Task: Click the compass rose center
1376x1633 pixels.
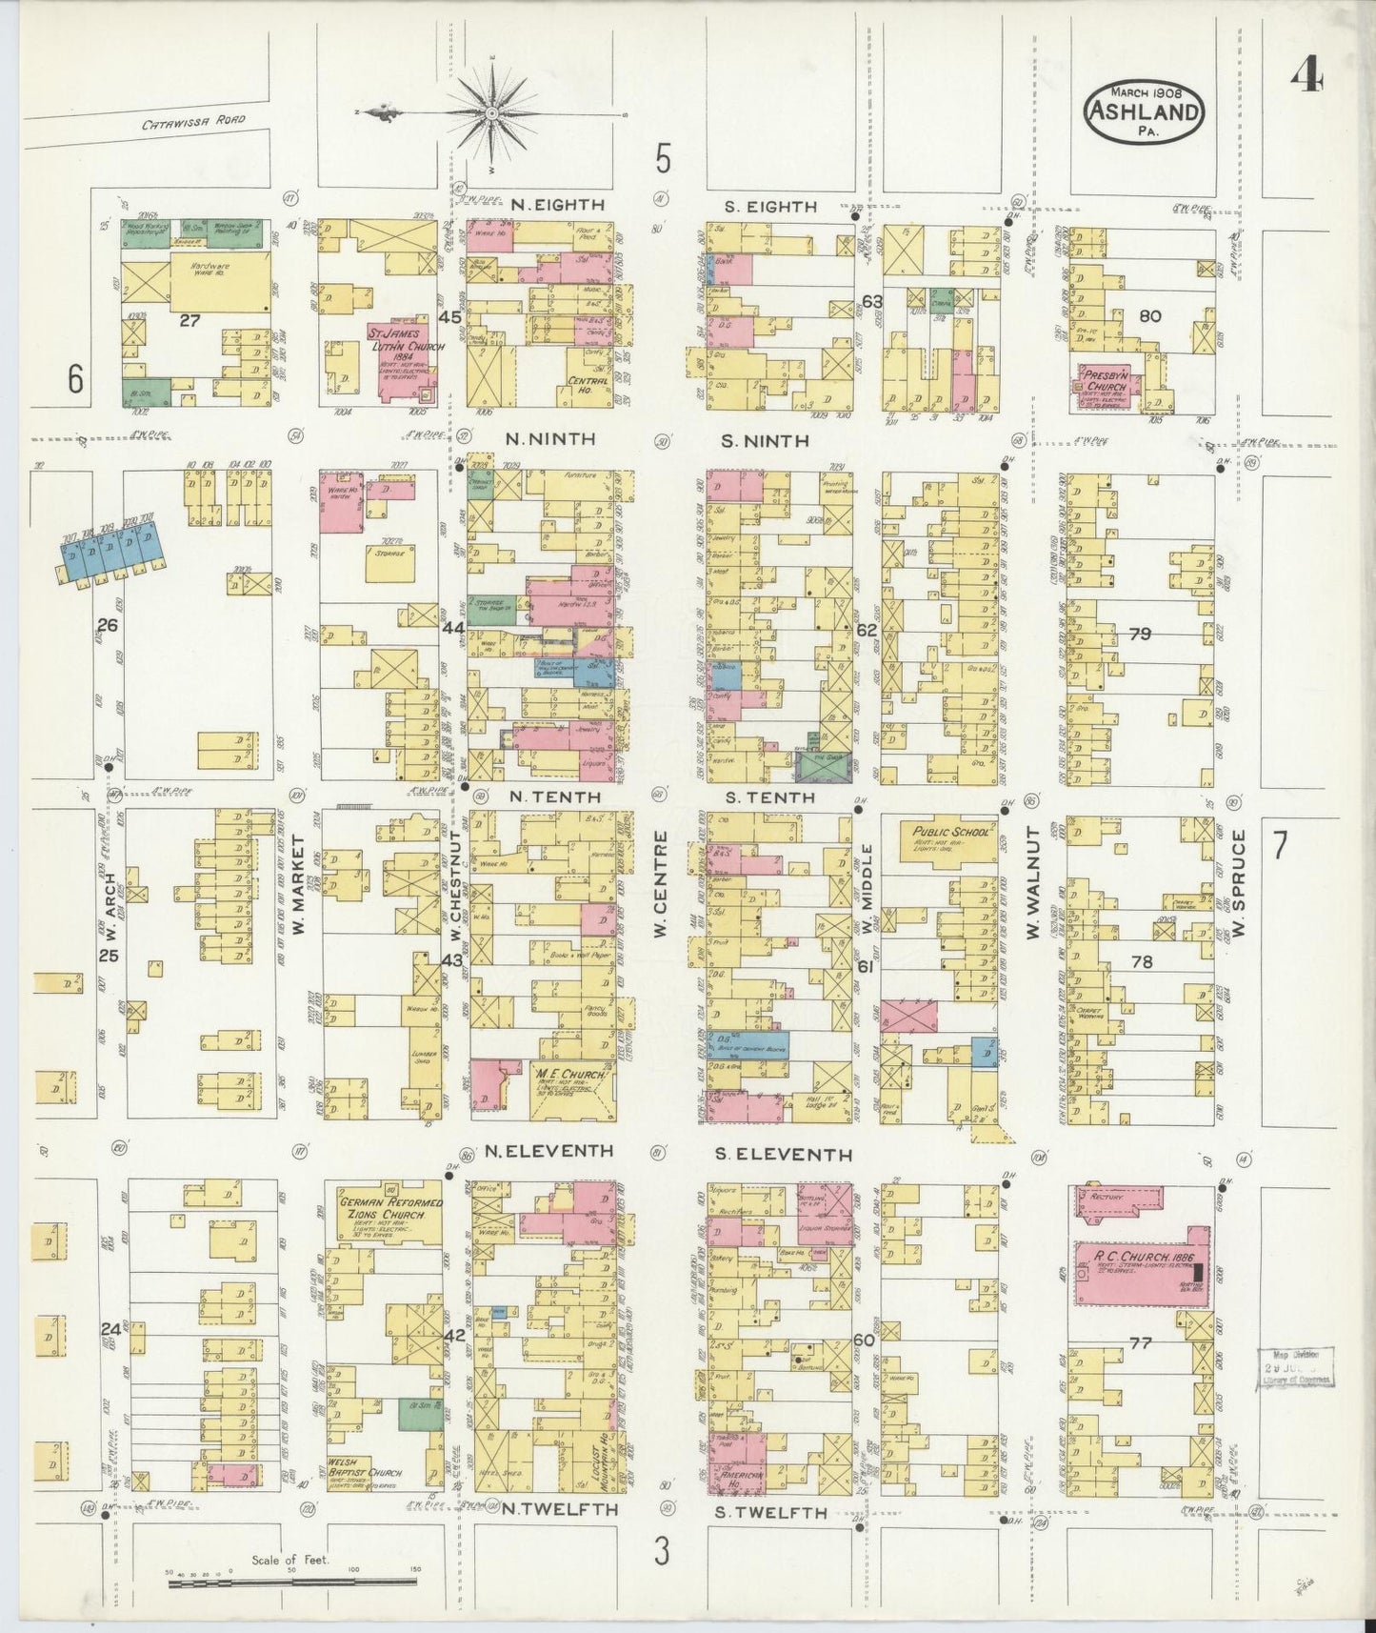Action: (x=492, y=114)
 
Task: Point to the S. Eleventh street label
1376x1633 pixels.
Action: (x=784, y=1155)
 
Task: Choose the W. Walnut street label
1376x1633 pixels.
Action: (x=1033, y=883)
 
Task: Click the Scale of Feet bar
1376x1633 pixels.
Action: (x=292, y=1582)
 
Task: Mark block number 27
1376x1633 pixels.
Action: (x=189, y=321)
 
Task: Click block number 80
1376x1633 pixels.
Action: (x=1149, y=315)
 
